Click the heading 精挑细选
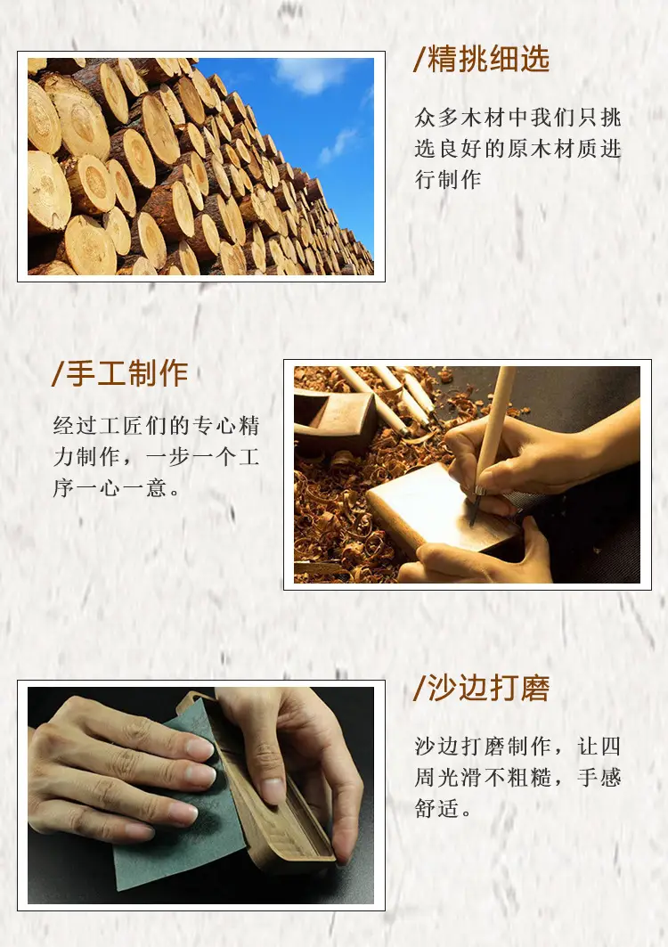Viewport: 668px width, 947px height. pos(489,59)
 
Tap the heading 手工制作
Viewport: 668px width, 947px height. pos(127,373)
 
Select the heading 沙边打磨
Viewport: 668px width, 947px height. pos(489,688)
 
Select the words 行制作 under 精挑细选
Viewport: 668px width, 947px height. pos(448,179)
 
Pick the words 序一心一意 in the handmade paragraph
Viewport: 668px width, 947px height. pos(110,486)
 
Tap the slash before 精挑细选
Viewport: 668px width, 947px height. pos(420,59)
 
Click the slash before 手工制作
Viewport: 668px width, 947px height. pos(58,374)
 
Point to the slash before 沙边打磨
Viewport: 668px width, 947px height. pos(420,689)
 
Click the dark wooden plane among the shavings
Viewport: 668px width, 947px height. pos(334,418)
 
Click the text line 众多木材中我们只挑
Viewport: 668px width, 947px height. pos(518,118)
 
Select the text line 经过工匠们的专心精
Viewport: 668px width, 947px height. pos(157,425)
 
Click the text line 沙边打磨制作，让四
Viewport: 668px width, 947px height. pos(518,746)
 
